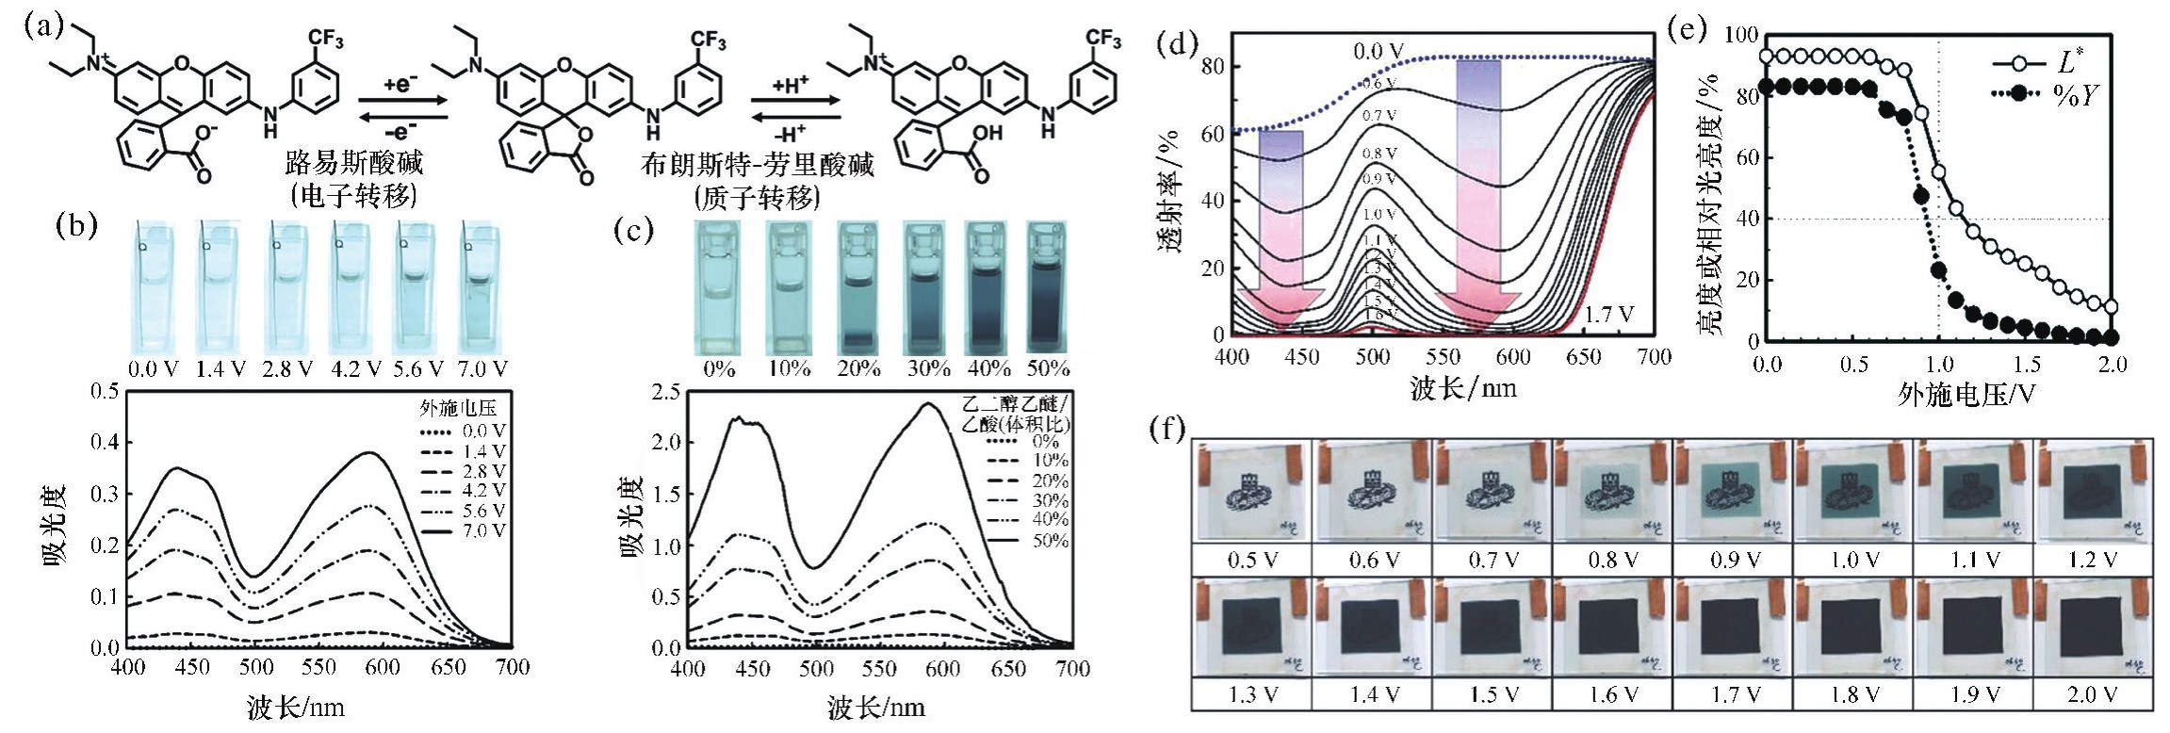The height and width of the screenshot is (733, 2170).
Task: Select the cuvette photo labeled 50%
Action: pyautogui.click(x=1046, y=285)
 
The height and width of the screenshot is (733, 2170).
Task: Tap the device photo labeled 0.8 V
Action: pyautogui.click(x=1613, y=491)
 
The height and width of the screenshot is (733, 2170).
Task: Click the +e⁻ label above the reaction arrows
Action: pyautogui.click(x=400, y=84)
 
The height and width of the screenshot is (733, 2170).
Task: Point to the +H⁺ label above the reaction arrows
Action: pyautogui.click(x=791, y=84)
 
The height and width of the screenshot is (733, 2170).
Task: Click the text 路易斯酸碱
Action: pyautogui.click(x=354, y=163)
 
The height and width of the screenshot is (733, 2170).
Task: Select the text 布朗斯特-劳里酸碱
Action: pyautogui.click(x=758, y=166)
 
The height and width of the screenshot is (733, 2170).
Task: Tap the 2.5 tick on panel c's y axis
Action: pyautogui.click(x=665, y=391)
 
